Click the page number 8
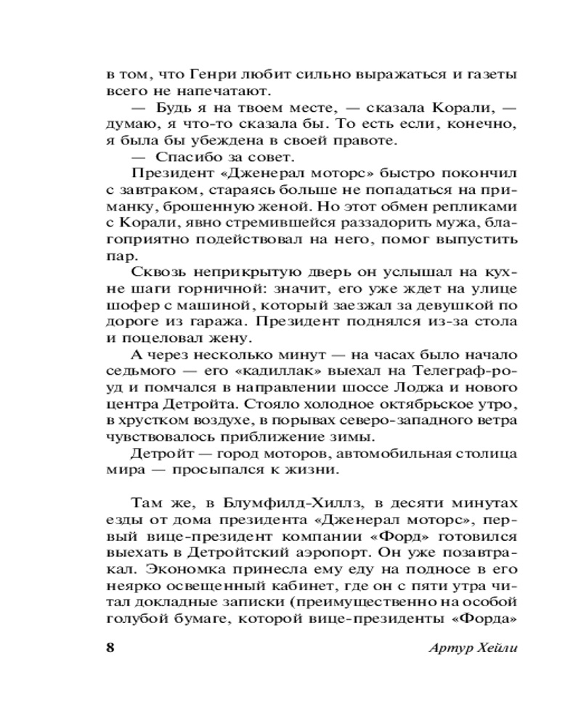(110, 648)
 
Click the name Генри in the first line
(212, 76)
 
